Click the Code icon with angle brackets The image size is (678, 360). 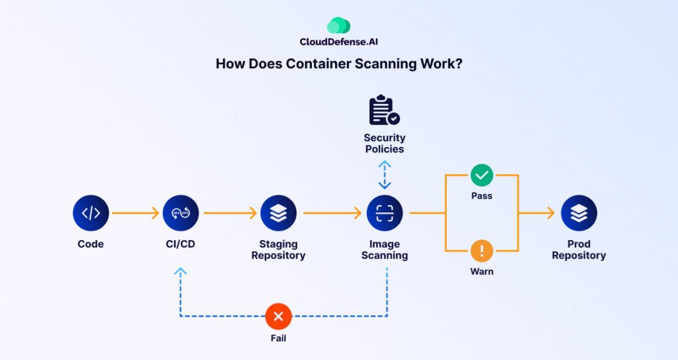pyautogui.click(x=91, y=213)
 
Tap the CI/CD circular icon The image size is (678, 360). pyautogui.click(x=181, y=213)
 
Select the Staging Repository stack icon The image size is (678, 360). pyautogui.click(x=278, y=213)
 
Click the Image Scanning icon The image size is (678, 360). pyautogui.click(x=385, y=213)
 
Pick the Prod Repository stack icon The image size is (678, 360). pyautogui.click(x=579, y=213)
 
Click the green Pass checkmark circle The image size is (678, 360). pyautogui.click(x=482, y=175)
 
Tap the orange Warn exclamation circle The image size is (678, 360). pyautogui.click(x=482, y=251)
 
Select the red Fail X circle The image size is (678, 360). pyautogui.click(x=278, y=316)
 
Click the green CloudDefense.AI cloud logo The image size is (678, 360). pyautogui.click(x=338, y=26)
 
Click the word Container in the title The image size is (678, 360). pyautogui.click(x=321, y=64)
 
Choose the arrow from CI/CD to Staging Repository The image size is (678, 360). pyautogui.click(x=230, y=213)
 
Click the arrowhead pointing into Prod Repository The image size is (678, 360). pyautogui.click(x=550, y=213)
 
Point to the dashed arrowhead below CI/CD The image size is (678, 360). pyautogui.click(x=181, y=271)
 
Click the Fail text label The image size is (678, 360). pyautogui.click(x=278, y=337)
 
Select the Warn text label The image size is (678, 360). pyautogui.click(x=482, y=271)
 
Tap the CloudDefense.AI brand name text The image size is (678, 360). pyautogui.click(x=338, y=42)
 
